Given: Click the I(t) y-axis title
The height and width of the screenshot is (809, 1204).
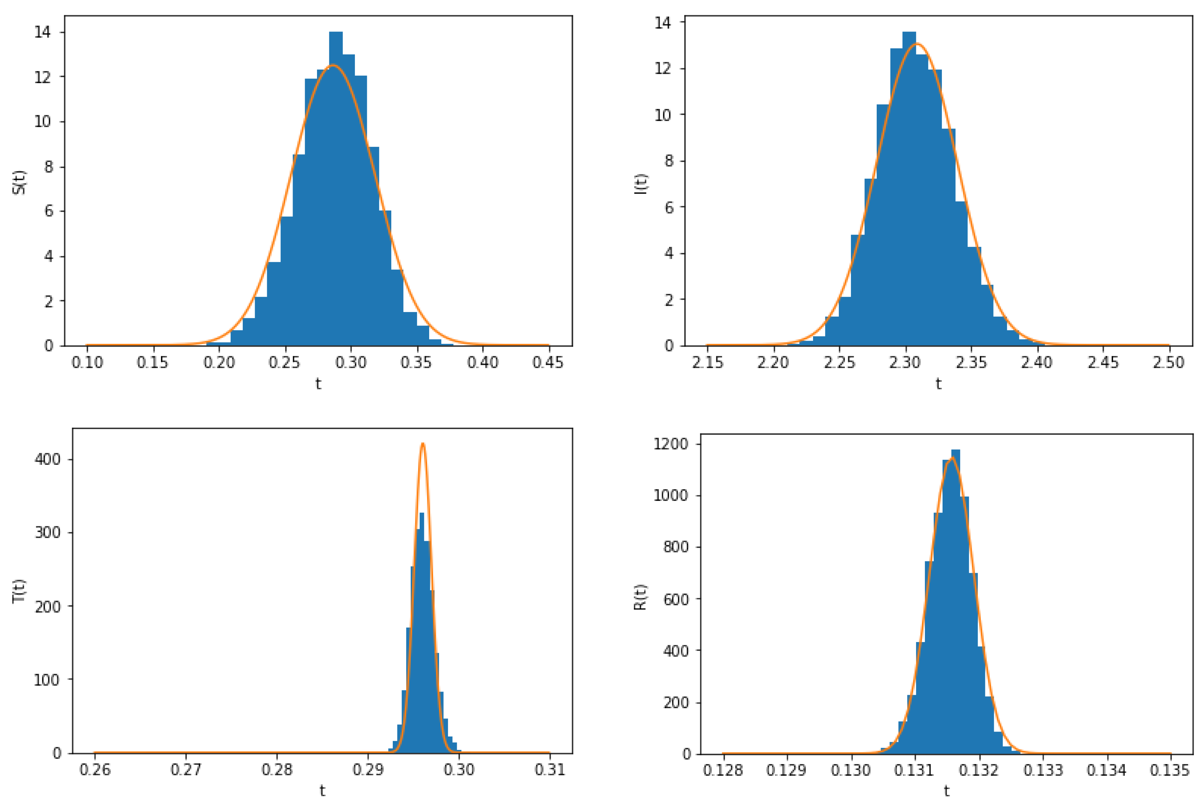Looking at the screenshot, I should [640, 184].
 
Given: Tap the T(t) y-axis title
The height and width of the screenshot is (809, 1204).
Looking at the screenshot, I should [19, 591].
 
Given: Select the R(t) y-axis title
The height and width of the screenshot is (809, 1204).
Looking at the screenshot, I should [640, 597].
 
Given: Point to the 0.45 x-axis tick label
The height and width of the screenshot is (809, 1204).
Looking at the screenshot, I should [548, 363].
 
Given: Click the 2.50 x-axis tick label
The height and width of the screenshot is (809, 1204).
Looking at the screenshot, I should [1168, 363].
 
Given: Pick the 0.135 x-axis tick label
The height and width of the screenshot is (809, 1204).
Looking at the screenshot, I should [1170, 770].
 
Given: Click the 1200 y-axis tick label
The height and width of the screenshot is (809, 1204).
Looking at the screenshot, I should [670, 444].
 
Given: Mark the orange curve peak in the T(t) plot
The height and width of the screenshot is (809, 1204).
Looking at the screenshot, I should [423, 443].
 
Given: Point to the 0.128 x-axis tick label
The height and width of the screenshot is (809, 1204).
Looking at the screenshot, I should [723, 770].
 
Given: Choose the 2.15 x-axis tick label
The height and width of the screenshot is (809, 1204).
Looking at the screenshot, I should [707, 363].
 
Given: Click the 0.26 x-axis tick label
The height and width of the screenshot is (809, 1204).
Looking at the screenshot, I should [95, 769].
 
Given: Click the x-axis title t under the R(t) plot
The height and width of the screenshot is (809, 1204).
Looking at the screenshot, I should [946, 791].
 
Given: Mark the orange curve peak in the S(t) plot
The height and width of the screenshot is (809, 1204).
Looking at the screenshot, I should [333, 65].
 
